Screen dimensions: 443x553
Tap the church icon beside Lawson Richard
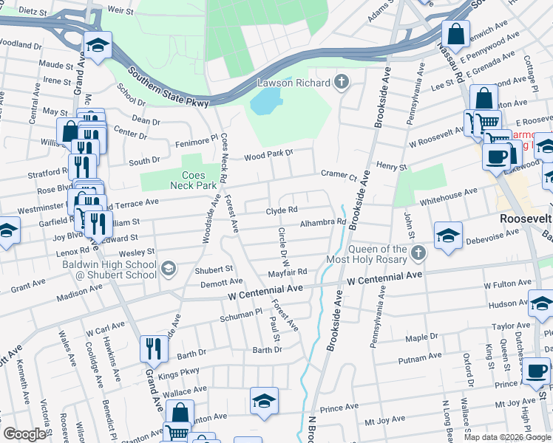(342, 82)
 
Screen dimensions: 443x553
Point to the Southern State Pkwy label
(169, 86)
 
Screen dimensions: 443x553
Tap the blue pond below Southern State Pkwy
(266, 101)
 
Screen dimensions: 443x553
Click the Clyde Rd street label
(282, 211)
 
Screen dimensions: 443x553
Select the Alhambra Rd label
(323, 221)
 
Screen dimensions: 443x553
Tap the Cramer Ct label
(339, 175)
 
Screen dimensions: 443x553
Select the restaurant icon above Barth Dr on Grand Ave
(154, 348)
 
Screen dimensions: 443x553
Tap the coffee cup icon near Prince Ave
(536, 371)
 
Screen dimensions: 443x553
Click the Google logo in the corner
(24, 434)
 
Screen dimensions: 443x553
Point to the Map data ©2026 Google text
(506, 436)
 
